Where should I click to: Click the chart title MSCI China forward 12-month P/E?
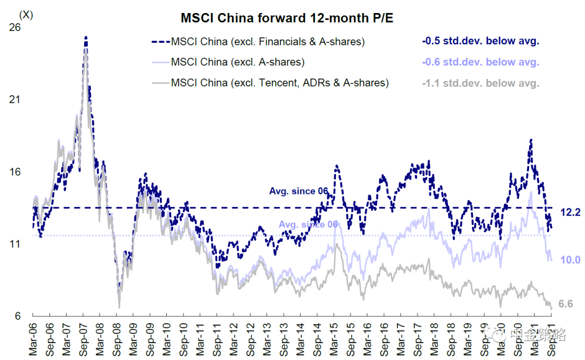point(287,18)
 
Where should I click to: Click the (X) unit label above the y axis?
point(25,15)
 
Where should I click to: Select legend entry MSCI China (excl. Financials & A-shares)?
point(268,41)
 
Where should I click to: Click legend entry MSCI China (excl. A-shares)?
point(237,62)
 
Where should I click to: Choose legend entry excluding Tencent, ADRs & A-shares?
point(279,83)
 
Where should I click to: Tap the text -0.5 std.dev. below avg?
point(480,41)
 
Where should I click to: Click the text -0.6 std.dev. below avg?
point(480,62)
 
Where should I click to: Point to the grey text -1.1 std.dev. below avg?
point(480,83)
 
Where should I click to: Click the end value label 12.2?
point(570,213)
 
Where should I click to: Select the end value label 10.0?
point(570,260)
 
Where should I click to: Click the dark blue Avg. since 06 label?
point(298,191)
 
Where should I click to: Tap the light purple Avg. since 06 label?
point(309,225)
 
